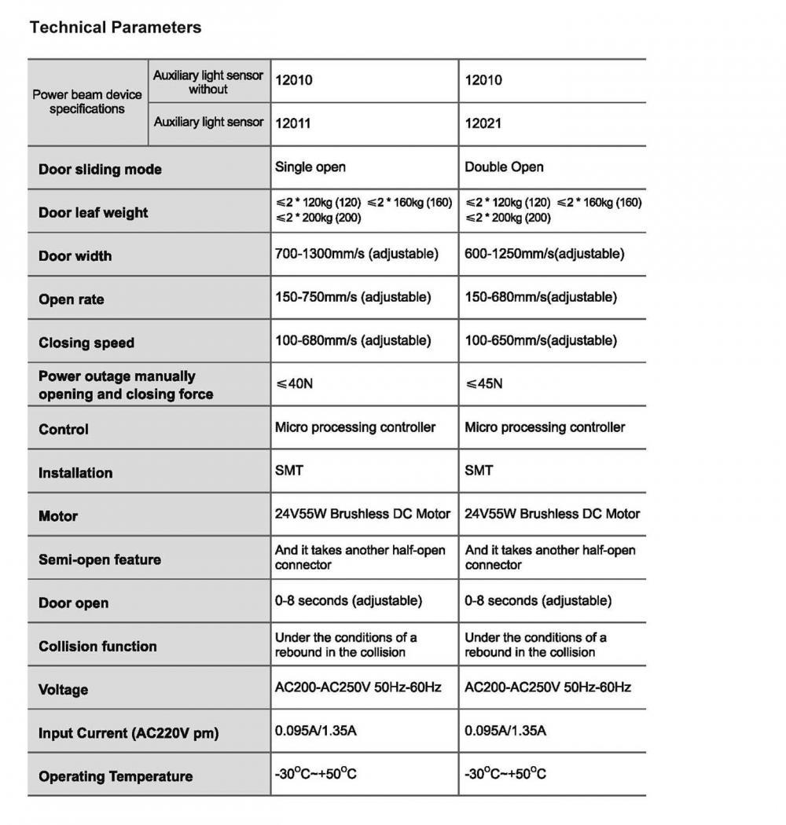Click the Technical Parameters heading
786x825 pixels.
(x=116, y=27)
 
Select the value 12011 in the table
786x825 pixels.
(x=292, y=123)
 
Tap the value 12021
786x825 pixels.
(x=483, y=123)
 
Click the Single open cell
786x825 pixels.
(x=310, y=167)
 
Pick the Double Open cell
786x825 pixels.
(x=504, y=167)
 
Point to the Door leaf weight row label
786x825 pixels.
(x=93, y=213)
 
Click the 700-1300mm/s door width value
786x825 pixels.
(x=357, y=254)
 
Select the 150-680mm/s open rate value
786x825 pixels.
(x=541, y=297)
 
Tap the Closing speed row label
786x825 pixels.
(x=86, y=343)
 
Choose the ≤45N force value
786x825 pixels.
(x=484, y=383)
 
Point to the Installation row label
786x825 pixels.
(x=75, y=473)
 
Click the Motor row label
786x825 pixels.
(x=58, y=516)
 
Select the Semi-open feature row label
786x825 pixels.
(x=100, y=559)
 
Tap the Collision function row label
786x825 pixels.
(x=97, y=647)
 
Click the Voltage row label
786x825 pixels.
(x=63, y=690)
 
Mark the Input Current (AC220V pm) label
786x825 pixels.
(x=129, y=733)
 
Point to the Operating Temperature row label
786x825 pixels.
(x=116, y=776)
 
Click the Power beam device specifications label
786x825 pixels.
(x=87, y=101)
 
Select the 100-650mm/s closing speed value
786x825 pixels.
(x=541, y=340)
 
